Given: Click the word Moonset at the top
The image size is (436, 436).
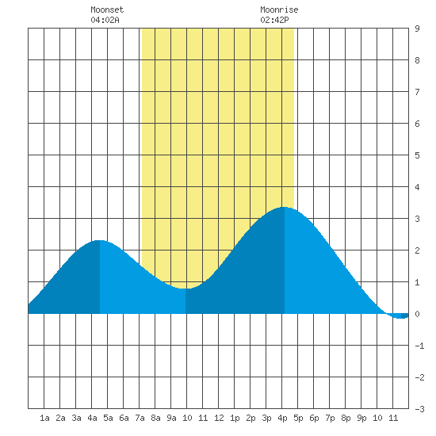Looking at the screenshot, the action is (107, 10).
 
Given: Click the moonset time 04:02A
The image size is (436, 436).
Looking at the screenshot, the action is (105, 20).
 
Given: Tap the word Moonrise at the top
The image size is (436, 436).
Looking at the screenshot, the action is (279, 10).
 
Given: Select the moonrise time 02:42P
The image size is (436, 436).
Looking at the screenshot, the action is (274, 20).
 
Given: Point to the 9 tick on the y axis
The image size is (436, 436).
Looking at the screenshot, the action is (417, 29).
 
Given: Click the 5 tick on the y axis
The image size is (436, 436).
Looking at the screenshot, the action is (417, 155).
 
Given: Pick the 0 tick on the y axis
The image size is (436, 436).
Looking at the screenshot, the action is (417, 314).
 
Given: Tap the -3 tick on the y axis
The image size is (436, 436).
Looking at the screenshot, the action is (419, 409).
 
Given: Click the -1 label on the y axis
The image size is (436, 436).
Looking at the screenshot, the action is (419, 346).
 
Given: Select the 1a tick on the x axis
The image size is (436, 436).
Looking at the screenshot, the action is (44, 418).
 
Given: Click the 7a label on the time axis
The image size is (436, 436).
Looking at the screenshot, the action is (140, 418).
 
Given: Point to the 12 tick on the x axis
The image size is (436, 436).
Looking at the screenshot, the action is (219, 418).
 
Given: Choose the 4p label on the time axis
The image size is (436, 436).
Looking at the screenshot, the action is (282, 418).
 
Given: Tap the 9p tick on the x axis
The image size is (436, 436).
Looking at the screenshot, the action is (361, 418).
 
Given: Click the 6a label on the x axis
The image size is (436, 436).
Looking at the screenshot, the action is (124, 418).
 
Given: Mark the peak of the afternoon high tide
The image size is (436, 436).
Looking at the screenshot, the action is (284, 207).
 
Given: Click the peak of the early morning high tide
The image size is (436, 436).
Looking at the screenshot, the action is (100, 240).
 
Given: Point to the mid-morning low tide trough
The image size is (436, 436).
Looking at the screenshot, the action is (185, 289).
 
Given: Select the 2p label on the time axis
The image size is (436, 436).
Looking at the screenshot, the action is (251, 418).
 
